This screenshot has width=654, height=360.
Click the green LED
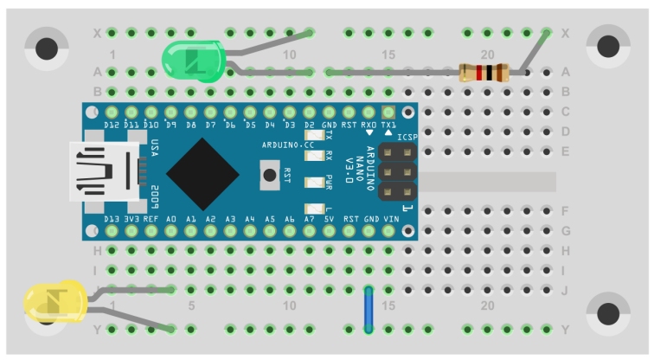point(193,60)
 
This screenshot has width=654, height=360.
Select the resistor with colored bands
point(484,73)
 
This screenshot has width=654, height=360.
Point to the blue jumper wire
point(369,309)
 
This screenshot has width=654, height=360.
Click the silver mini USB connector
point(103,172)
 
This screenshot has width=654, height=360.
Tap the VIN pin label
point(388,220)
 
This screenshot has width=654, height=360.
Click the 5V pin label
point(329,220)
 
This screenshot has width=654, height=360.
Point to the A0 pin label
point(171,220)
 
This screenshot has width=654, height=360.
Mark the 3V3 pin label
point(131,220)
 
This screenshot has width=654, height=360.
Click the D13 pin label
point(112,220)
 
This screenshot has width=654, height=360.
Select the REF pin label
point(151,220)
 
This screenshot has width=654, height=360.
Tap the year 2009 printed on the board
point(154,196)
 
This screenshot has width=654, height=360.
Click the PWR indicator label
point(330,182)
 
